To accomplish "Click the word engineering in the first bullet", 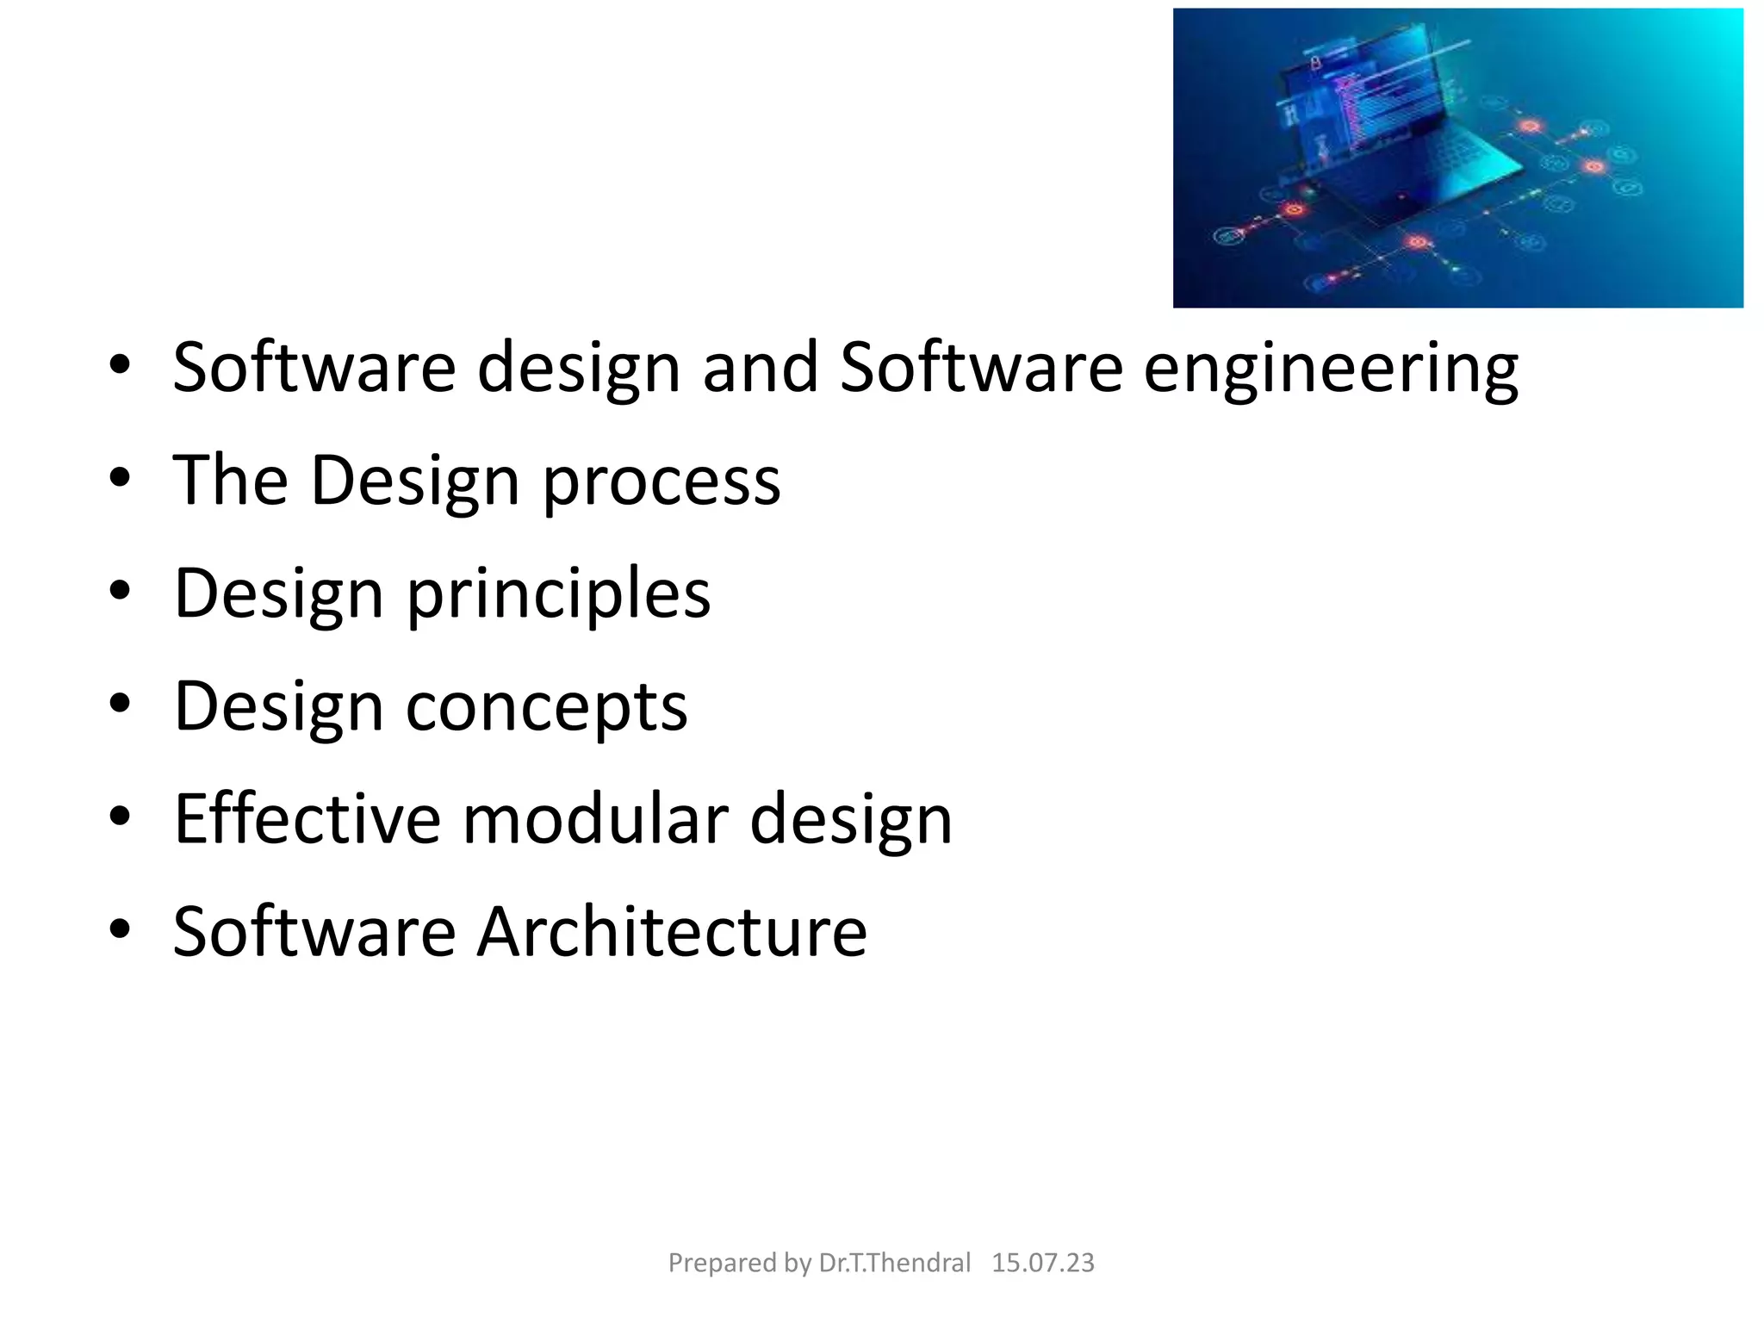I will (x=1330, y=369).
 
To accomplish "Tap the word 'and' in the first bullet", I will (x=760, y=367).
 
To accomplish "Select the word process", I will (x=661, y=481).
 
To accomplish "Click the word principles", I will (x=558, y=593).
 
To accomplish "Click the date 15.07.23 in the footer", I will (x=1042, y=1263).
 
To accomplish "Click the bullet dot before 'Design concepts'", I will (x=120, y=703).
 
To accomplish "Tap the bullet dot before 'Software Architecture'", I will (x=120, y=929).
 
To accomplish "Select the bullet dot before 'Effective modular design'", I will (x=120, y=816).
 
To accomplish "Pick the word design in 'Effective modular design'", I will (x=851, y=820).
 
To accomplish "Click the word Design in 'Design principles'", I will (x=278, y=593).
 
